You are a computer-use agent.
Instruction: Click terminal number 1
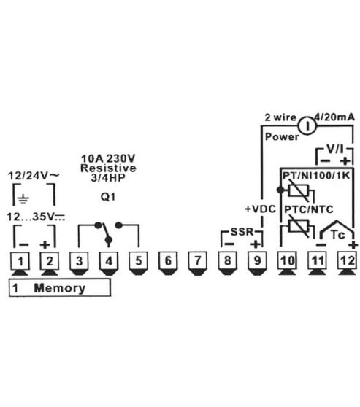(x=20, y=261)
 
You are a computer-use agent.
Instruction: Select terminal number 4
(x=109, y=261)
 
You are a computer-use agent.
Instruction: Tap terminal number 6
(x=168, y=261)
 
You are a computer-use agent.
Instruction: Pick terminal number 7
(x=198, y=261)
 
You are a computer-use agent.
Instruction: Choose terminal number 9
(x=257, y=261)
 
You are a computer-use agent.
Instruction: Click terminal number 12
(x=348, y=261)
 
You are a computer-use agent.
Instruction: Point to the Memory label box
(x=60, y=287)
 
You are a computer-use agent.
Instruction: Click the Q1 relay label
(x=108, y=197)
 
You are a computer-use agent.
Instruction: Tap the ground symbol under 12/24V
(x=23, y=199)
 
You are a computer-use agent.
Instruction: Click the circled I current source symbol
(x=307, y=126)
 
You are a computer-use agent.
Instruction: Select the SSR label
(x=242, y=231)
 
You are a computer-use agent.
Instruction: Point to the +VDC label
(x=260, y=209)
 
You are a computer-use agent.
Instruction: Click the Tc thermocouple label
(x=338, y=235)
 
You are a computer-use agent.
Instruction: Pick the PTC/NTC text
(x=309, y=209)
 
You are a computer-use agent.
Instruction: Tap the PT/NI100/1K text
(x=316, y=176)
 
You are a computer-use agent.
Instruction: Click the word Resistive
(x=108, y=168)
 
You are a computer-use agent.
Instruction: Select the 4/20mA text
(x=334, y=117)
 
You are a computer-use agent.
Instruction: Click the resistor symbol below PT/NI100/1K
(x=299, y=191)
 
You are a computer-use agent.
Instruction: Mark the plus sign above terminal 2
(x=45, y=244)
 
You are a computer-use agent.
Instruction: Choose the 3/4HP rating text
(x=108, y=178)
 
